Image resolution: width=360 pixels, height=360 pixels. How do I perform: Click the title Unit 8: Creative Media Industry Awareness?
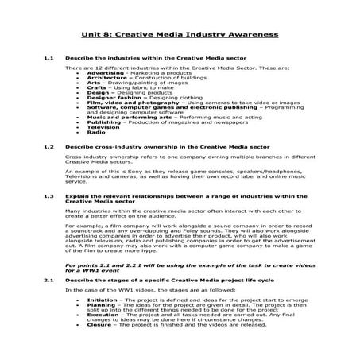click(179, 35)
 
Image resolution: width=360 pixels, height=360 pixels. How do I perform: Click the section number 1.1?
click(49, 60)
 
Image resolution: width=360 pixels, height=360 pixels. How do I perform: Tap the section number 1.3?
click(49, 195)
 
